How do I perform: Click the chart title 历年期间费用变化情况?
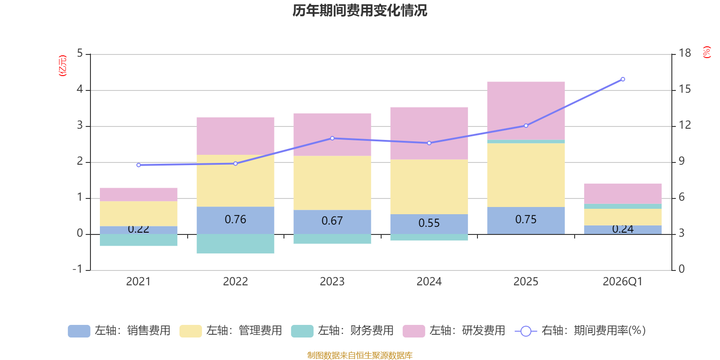(x=360, y=10)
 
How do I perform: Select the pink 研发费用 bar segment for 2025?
(x=526, y=110)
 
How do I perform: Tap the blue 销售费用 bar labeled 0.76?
(x=235, y=220)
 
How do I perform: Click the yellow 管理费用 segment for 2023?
(x=332, y=183)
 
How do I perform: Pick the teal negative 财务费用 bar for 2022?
(x=235, y=244)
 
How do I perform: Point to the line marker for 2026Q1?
(x=623, y=79)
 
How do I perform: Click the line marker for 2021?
(x=139, y=165)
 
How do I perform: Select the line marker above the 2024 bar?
(x=429, y=143)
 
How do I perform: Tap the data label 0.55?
(x=429, y=223)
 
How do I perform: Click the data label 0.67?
(x=332, y=221)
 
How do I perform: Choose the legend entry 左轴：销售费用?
(x=120, y=331)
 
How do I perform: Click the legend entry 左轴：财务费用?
(x=342, y=331)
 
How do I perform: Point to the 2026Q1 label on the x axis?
(x=622, y=282)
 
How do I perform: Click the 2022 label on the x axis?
(x=235, y=282)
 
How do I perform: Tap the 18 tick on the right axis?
(x=684, y=53)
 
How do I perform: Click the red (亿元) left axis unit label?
(x=63, y=66)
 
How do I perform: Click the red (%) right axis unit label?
(x=707, y=52)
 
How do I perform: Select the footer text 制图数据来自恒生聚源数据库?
(x=360, y=355)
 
